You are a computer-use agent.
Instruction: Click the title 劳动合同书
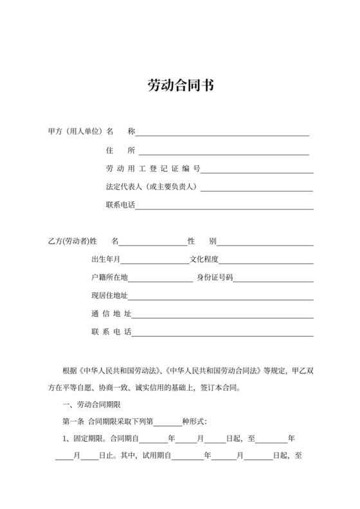pyautogui.click(x=180, y=85)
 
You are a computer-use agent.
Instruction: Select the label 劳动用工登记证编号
pyautogui.click(x=153, y=169)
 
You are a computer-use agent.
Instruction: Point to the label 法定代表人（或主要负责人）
pyautogui.click(x=152, y=187)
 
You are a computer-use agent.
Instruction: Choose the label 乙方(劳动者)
pyautogui.click(x=68, y=242)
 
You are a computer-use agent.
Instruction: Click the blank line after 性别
pyautogui.click(x=265, y=243)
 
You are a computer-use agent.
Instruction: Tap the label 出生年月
pyautogui.click(x=106, y=260)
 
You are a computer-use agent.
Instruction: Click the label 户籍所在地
pyautogui.click(x=110, y=278)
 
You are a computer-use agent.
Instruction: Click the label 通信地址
pyautogui.click(x=111, y=314)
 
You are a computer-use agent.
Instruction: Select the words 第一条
pyautogui.click(x=73, y=422)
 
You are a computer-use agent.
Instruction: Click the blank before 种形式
pyautogui.click(x=168, y=424)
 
